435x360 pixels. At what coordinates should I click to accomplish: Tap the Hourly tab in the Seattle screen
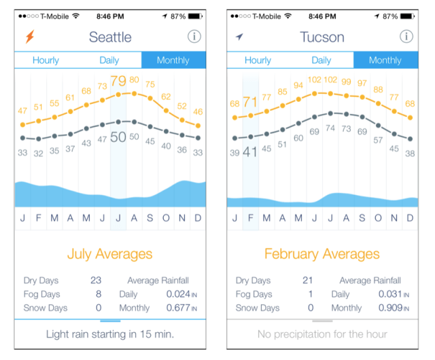tap(46, 60)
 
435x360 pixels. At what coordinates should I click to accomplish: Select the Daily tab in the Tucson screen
tap(321, 60)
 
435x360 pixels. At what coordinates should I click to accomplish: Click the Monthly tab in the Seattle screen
tap(173, 60)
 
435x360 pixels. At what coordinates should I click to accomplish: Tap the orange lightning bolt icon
tap(29, 37)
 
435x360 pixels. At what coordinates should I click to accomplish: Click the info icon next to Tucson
tap(406, 37)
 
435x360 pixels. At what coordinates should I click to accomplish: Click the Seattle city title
tap(110, 37)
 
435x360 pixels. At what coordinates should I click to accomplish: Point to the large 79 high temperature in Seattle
tap(118, 82)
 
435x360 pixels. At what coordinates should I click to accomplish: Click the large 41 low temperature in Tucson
tap(250, 152)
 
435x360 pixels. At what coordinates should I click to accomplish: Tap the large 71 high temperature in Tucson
tap(250, 103)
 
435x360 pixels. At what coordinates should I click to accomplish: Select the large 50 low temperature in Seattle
tap(118, 137)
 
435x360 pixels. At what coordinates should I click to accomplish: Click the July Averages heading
tap(109, 255)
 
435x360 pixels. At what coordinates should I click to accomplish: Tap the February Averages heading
tap(321, 255)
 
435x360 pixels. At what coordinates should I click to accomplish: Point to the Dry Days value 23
tap(96, 280)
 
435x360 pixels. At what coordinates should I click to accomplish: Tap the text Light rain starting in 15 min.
tap(109, 334)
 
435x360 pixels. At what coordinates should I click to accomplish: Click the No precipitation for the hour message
tap(321, 334)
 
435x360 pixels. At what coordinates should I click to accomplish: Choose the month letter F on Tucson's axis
tap(250, 218)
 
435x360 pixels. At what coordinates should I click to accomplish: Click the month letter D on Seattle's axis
tap(198, 218)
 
